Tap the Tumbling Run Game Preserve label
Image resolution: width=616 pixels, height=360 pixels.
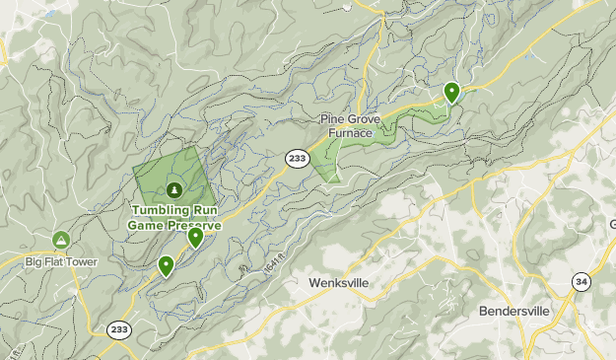[174, 217]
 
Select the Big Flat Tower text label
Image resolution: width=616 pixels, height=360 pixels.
[61, 261]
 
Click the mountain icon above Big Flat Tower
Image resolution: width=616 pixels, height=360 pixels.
[61, 240]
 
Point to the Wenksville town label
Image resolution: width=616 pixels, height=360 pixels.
[338, 283]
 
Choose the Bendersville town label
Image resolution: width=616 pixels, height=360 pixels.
[518, 310]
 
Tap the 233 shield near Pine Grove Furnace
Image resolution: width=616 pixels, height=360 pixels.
[296, 157]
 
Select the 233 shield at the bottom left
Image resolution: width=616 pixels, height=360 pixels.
[120, 330]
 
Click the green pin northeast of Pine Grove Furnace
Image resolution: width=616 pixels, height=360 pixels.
[451, 92]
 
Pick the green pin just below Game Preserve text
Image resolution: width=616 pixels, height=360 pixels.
[195, 236]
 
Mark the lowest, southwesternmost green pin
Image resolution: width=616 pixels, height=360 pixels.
[166, 264]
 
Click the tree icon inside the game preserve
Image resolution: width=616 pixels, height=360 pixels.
[174, 189]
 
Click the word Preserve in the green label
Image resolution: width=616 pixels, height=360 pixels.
[193, 224]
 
